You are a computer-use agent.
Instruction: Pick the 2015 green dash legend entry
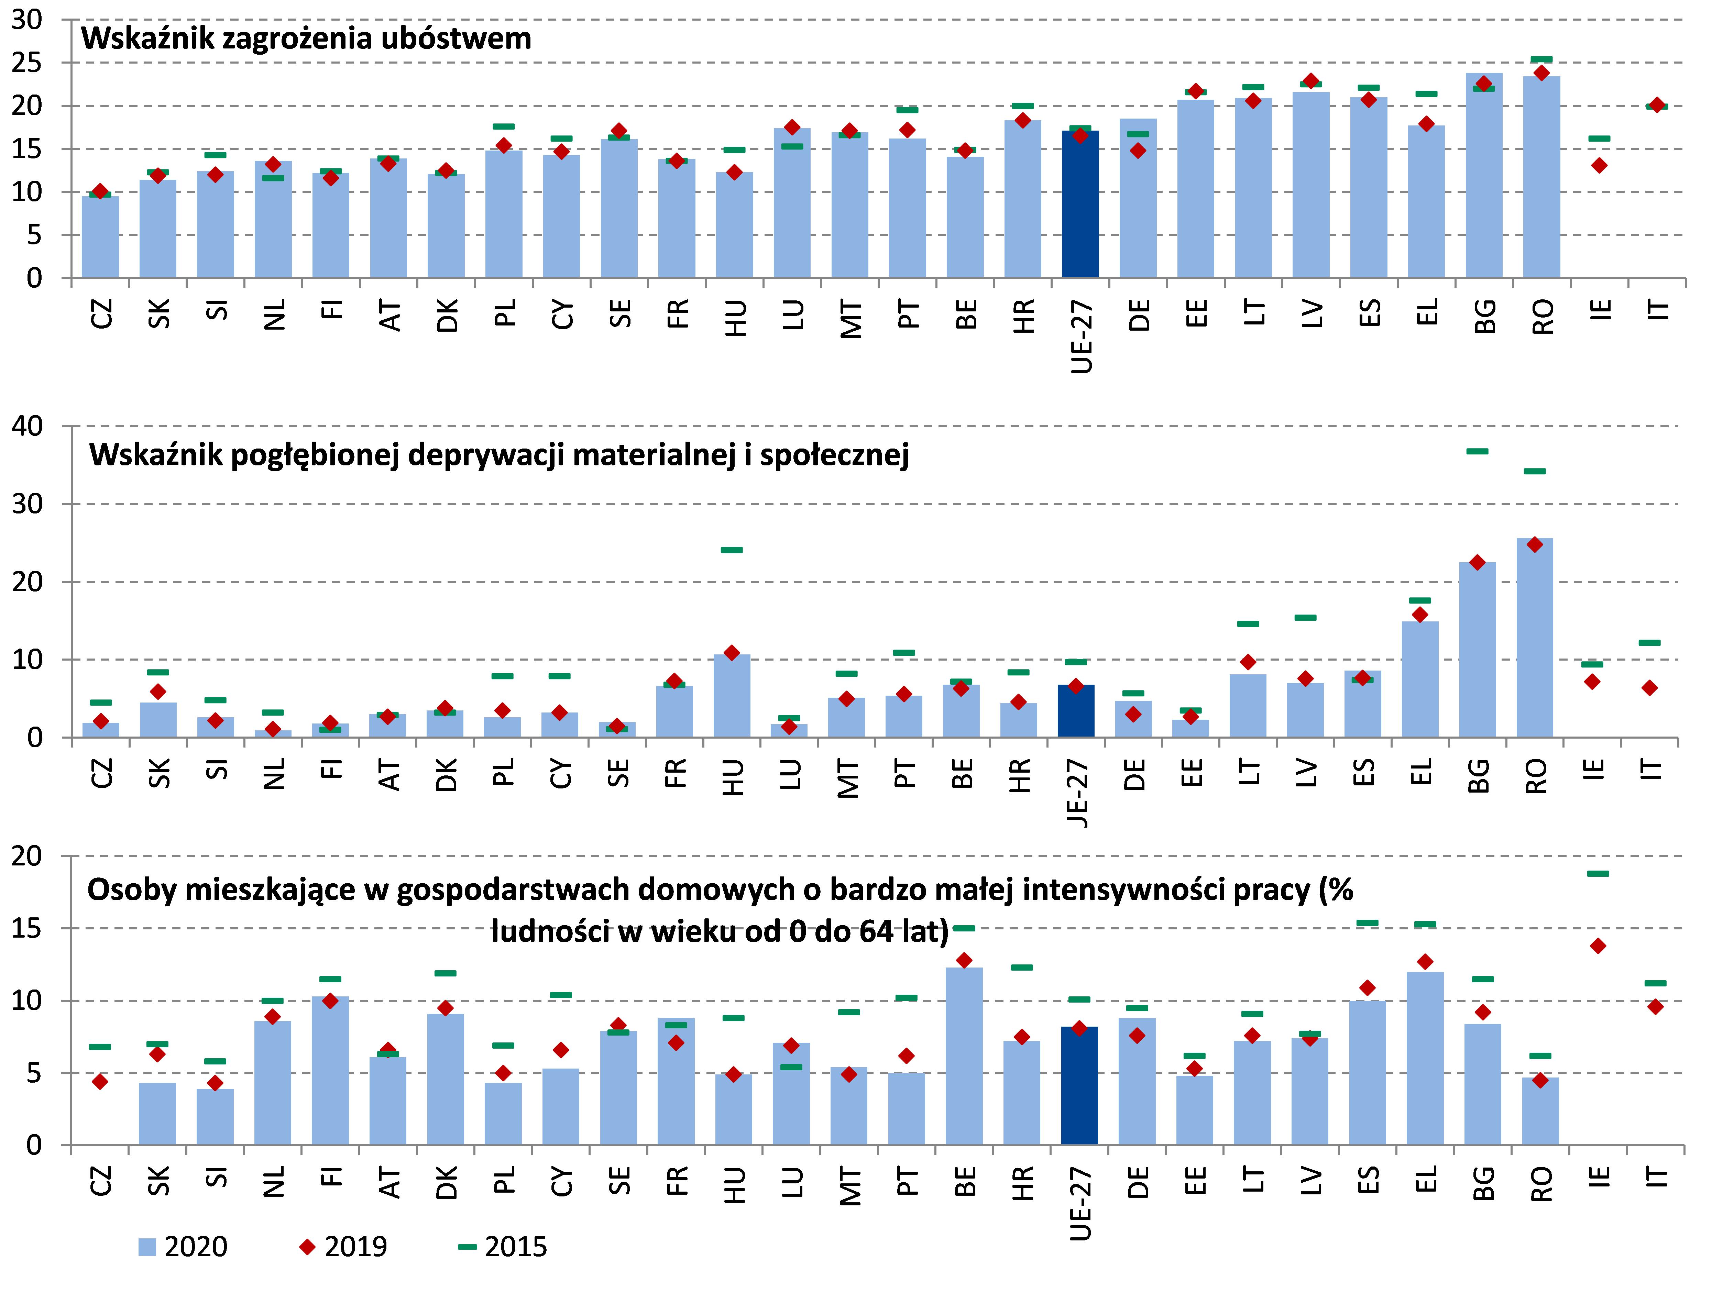(x=502, y=1247)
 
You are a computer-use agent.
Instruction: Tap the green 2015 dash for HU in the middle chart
(x=732, y=550)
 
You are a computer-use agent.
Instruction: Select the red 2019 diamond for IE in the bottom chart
(x=1598, y=946)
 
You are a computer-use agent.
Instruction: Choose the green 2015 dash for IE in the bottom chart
(x=1598, y=873)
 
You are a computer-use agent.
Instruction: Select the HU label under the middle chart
(x=733, y=777)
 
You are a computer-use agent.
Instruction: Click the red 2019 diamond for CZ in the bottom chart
(x=100, y=1081)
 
